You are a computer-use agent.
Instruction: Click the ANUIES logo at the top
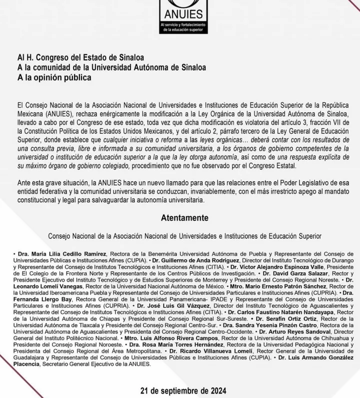180,9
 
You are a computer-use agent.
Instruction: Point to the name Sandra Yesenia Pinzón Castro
268,326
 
